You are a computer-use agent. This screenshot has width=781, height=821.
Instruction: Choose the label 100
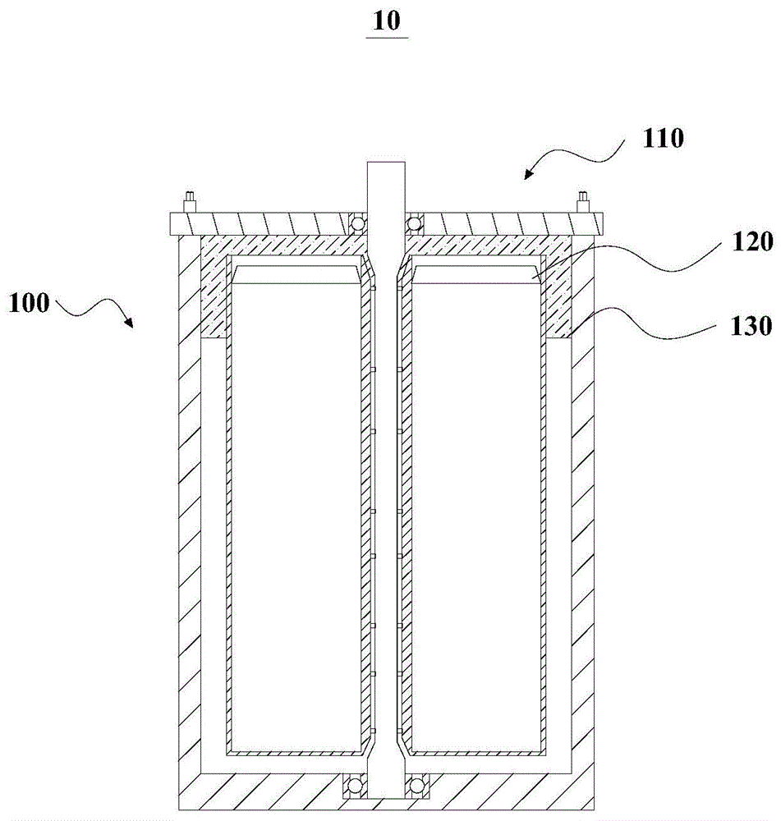point(29,303)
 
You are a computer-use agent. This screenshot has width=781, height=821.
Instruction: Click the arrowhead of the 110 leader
point(528,174)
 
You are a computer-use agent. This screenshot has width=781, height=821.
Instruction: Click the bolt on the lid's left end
point(189,200)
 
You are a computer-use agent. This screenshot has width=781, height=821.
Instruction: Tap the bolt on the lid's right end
point(584,200)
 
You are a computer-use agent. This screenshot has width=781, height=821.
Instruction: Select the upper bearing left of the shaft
point(356,222)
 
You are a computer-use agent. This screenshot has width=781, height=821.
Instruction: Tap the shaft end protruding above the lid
point(386,185)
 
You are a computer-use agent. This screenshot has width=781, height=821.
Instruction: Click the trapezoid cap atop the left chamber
point(296,274)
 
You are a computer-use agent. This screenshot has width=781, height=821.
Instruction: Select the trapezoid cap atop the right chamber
point(475,274)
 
